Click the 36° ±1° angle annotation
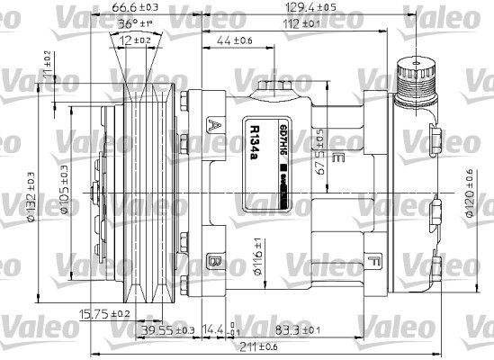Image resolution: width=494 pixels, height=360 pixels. pyautogui.click(x=139, y=24)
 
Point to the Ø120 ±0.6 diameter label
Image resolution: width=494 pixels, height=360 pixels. pyautogui.click(x=467, y=192)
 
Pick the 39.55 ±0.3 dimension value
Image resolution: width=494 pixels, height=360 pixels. pyautogui.click(x=167, y=329)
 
